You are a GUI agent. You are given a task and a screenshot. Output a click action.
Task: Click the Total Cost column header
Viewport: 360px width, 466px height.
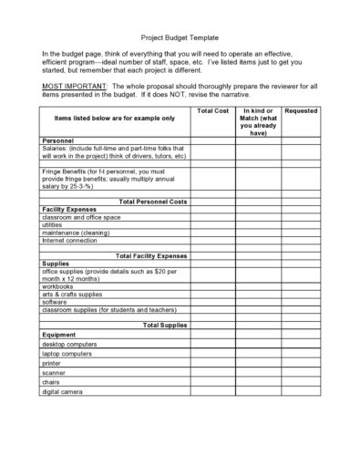(212, 110)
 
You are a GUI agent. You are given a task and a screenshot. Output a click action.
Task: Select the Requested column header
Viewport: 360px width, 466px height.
(301, 110)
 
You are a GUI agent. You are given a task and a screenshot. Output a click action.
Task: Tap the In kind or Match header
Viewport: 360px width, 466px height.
(258, 121)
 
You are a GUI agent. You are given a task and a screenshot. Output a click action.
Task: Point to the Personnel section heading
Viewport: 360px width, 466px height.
(59, 141)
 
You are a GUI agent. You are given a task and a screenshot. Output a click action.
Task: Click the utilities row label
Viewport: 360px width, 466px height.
(56, 225)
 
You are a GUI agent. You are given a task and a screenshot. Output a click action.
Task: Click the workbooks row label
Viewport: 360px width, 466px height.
(59, 285)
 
